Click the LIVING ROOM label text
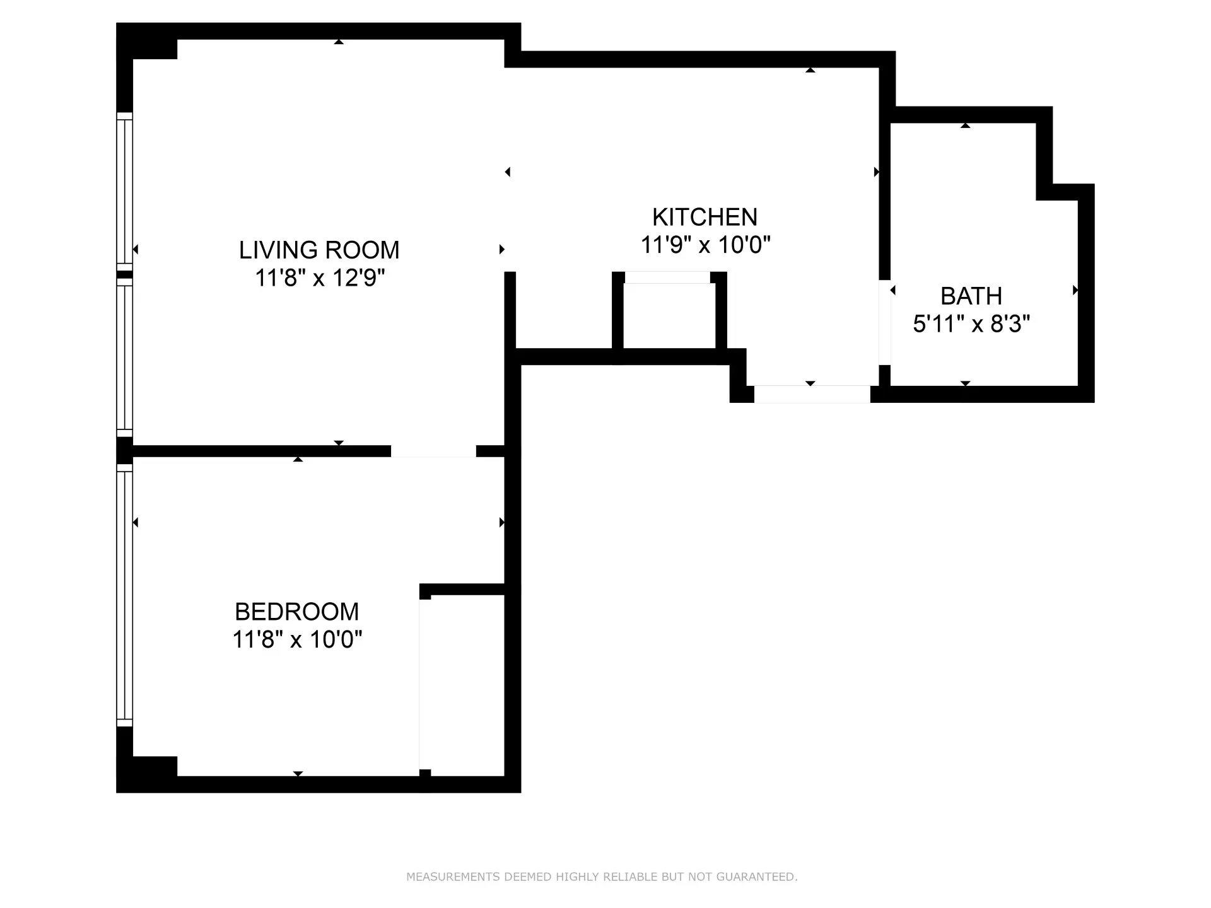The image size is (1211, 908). point(319,250)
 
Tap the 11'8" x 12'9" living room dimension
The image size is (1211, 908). point(319,278)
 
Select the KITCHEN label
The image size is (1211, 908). point(705,218)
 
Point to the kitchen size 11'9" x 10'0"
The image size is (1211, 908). point(705,245)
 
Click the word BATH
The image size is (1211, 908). point(971,296)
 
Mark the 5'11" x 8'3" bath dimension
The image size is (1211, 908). point(971,324)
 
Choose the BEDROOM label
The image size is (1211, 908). point(296,612)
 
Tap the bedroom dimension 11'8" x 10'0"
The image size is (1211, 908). point(296,640)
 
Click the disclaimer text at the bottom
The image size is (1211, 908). point(602,876)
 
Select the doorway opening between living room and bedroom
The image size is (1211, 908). point(433,451)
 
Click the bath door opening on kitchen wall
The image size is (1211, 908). point(884,322)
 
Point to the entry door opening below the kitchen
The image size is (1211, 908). point(812,394)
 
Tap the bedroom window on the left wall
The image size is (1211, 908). point(125,596)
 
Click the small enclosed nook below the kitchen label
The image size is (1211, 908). point(669,315)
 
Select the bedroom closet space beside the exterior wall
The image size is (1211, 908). point(462,684)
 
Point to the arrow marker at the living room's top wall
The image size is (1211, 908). point(339,42)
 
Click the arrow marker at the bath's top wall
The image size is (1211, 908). point(965,125)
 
